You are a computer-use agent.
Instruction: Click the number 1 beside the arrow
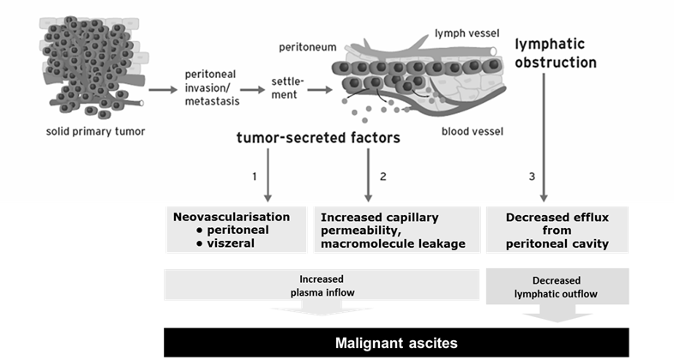click(255, 177)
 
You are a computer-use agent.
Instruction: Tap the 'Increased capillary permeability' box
click(394, 229)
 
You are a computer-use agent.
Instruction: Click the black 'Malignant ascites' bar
click(395, 344)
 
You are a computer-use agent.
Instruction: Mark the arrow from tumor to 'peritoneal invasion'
click(161, 88)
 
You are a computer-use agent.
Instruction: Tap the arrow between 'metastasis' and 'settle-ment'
click(255, 88)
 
